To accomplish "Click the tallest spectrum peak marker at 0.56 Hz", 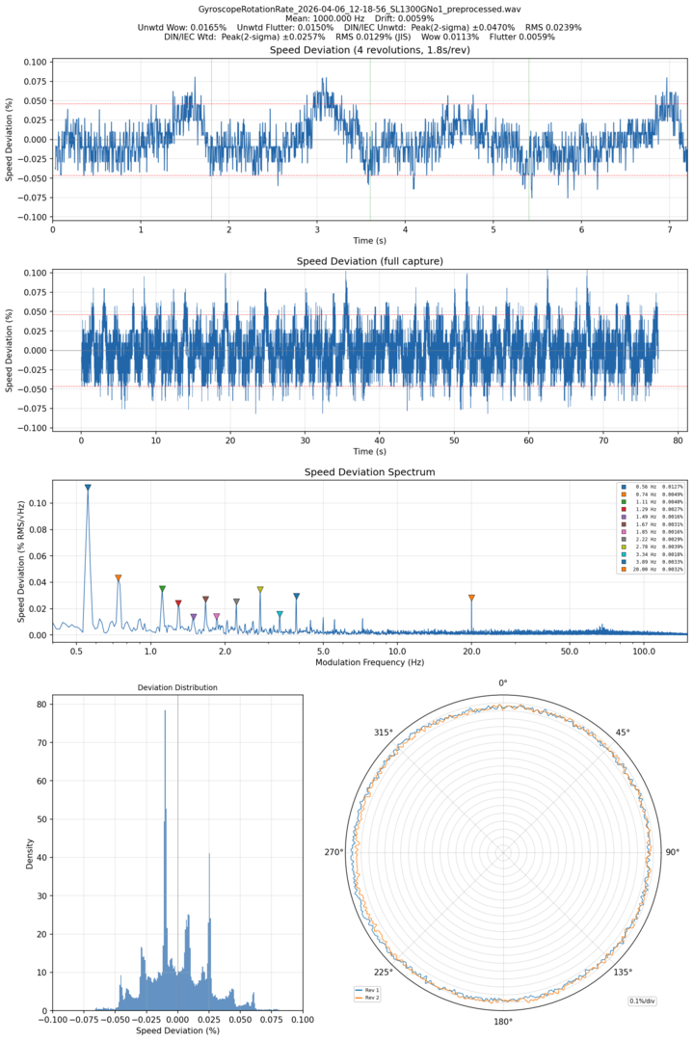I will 88,488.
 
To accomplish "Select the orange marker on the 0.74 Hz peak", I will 119,578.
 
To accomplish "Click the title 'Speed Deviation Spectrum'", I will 369,472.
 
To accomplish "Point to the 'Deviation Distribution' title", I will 177,687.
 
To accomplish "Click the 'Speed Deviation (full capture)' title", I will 369,261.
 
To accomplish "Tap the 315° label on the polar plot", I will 384,733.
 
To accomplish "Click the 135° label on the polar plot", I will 623,973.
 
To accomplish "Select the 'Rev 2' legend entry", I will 370,998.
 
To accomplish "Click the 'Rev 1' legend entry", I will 370,990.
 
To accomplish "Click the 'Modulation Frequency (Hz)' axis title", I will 369,663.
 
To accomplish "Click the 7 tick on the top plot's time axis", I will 670,229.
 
